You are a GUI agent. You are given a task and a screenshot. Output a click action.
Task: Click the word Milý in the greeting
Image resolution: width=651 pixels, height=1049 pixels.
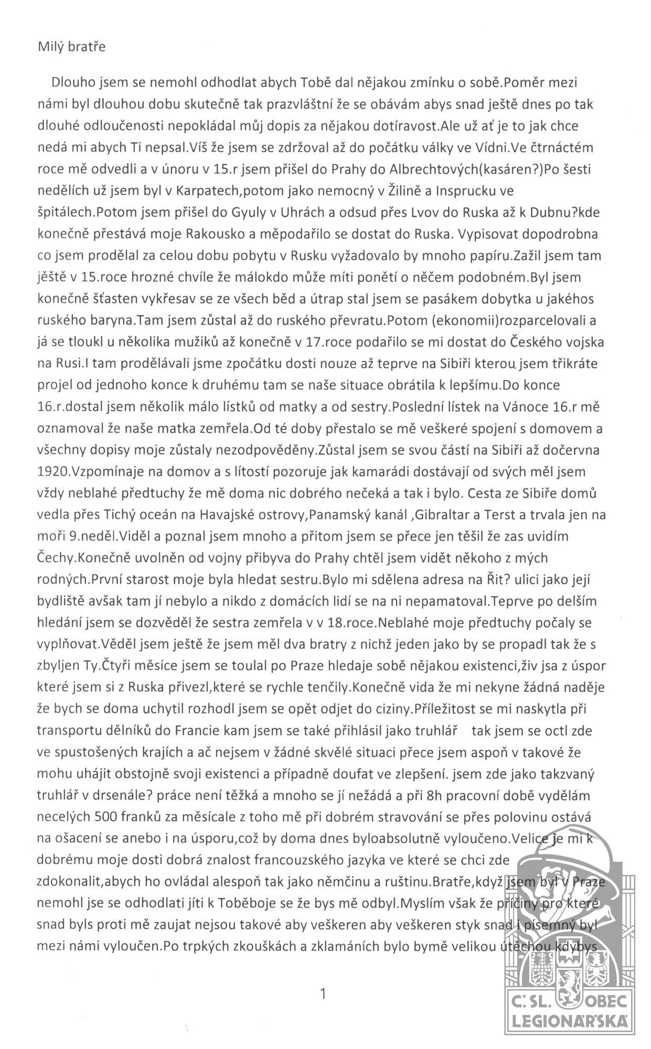point(49,47)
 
